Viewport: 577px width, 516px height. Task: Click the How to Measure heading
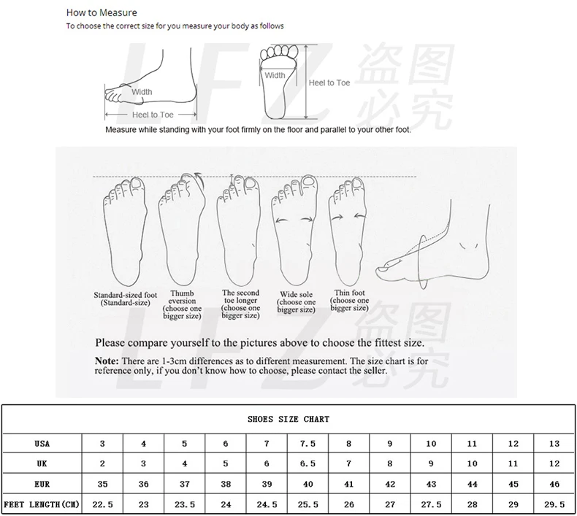tap(102, 12)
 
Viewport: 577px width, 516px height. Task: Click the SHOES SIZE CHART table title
tap(288, 419)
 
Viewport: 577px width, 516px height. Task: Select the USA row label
tap(42, 443)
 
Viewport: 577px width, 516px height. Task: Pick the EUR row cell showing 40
tap(308, 484)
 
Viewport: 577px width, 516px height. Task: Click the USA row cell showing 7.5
tap(308, 443)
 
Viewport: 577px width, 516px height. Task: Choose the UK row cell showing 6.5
tap(308, 463)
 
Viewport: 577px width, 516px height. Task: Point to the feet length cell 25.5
tap(308, 504)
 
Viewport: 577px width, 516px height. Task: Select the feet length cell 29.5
tap(554, 504)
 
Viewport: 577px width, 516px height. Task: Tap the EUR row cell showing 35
tap(102, 484)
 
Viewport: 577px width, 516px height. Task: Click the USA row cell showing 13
tap(554, 443)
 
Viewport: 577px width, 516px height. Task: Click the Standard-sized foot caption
tap(125, 299)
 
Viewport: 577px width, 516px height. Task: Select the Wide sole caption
tap(297, 302)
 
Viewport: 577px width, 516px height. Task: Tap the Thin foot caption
tap(350, 300)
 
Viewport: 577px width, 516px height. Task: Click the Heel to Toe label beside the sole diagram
tap(329, 83)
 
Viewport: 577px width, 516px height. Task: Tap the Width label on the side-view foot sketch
tap(142, 92)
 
